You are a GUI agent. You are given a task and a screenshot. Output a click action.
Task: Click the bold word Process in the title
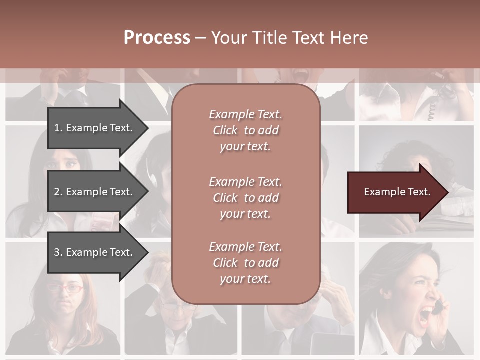[157, 38]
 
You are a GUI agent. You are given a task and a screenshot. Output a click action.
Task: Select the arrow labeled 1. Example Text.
[95, 128]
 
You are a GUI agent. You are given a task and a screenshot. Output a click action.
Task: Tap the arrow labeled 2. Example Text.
[95, 192]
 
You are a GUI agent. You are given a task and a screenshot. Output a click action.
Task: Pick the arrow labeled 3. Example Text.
[95, 252]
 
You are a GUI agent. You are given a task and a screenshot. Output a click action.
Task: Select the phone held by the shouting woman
[438, 306]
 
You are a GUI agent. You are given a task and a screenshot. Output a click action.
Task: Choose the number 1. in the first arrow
[58, 128]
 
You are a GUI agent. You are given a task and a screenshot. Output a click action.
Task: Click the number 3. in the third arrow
[58, 252]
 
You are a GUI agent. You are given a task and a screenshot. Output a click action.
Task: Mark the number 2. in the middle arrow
[58, 192]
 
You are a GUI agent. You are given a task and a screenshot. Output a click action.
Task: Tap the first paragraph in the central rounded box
[245, 130]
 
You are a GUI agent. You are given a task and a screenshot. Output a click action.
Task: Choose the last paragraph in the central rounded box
[245, 263]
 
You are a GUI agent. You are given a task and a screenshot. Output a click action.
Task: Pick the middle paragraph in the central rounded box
[245, 198]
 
